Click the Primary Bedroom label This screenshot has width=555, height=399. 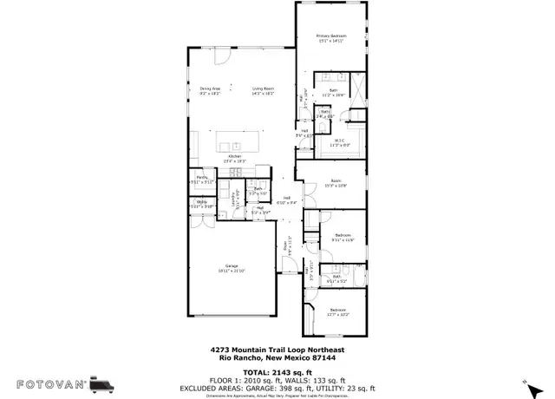point(331,37)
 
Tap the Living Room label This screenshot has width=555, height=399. point(264,90)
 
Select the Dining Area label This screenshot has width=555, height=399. point(211,90)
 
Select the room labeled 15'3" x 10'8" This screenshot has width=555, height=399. point(335,184)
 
